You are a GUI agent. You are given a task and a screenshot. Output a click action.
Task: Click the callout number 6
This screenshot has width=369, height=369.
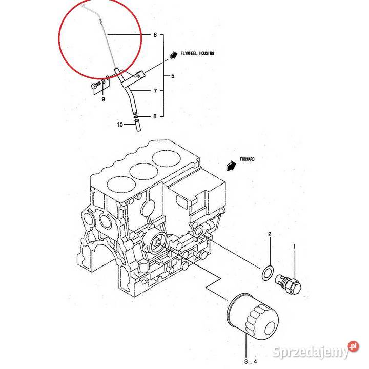point(155,35)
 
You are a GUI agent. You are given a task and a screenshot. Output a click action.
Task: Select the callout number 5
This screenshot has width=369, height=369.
point(173,76)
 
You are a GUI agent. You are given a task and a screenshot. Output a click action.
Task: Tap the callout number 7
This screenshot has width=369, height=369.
point(155,91)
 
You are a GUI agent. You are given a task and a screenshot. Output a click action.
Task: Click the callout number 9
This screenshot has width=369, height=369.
point(102,98)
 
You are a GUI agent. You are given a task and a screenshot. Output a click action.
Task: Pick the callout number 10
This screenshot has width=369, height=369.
point(120,125)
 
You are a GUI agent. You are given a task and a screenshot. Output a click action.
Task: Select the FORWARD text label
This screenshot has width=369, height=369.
point(247,159)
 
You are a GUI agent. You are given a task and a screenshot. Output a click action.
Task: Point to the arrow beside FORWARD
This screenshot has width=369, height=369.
point(231,165)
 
